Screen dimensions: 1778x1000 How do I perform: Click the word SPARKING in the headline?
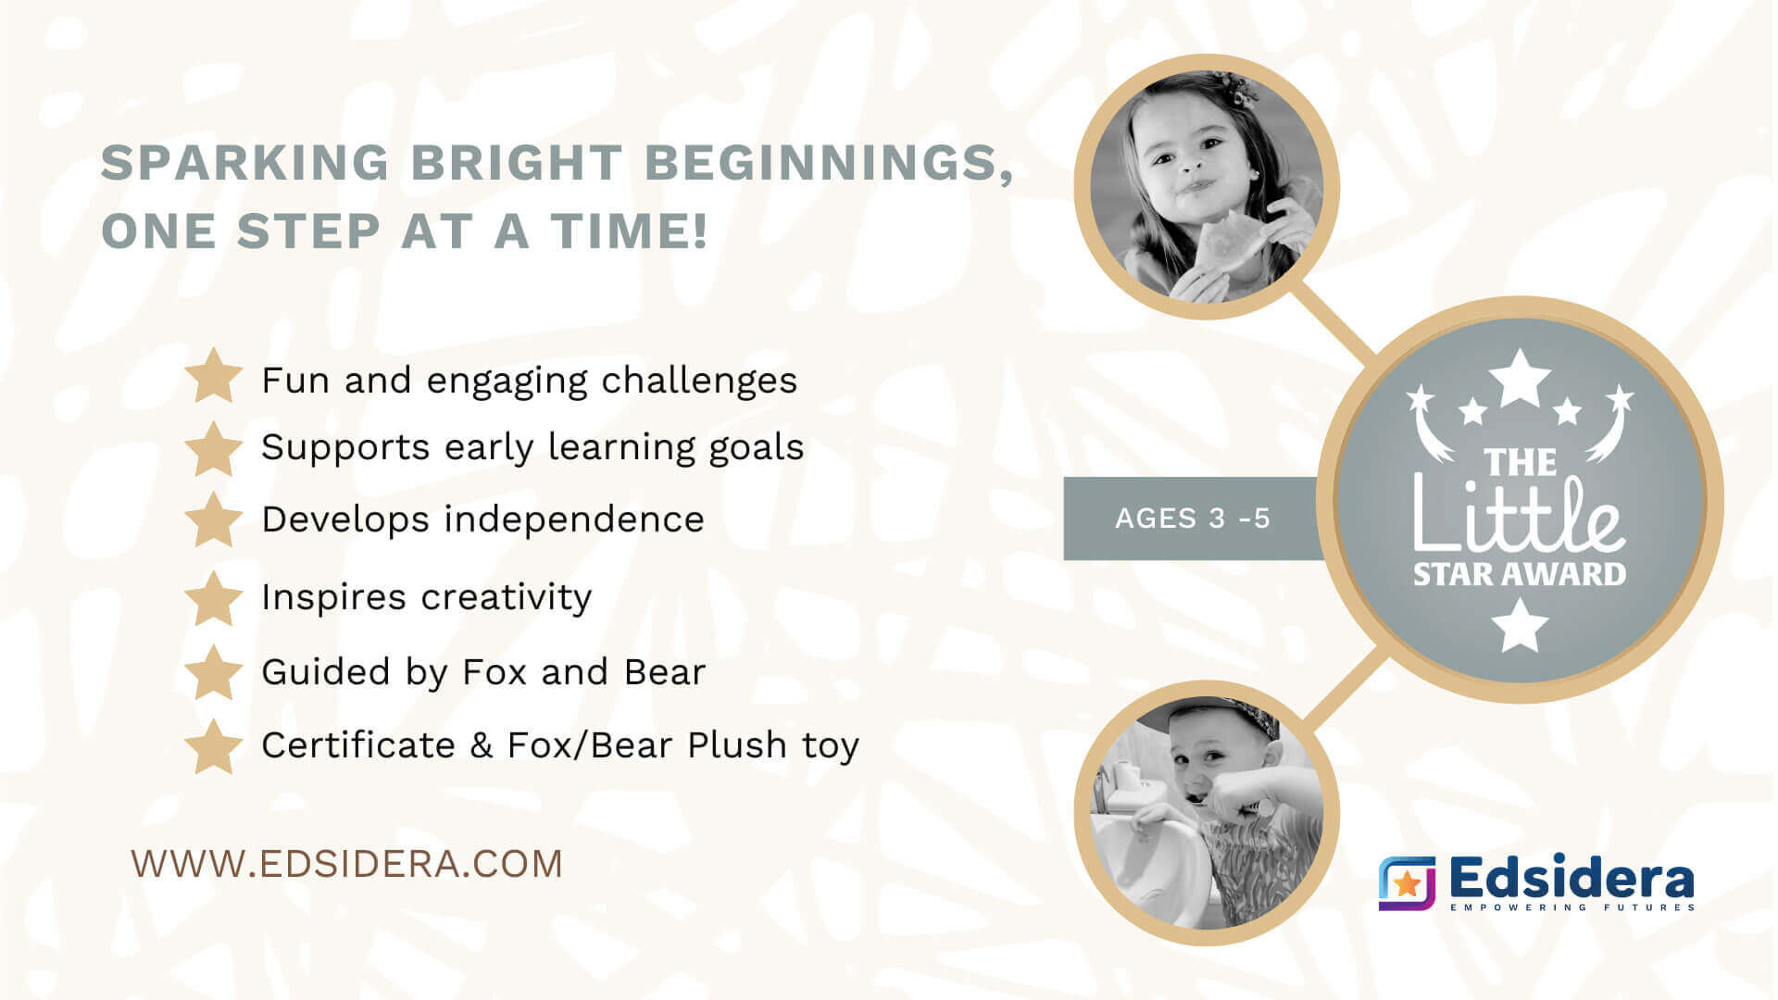coord(245,163)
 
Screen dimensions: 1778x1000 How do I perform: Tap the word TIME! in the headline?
coord(630,231)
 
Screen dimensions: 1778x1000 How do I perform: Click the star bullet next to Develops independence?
coord(214,519)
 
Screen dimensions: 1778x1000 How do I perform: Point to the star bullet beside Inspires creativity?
coord(214,597)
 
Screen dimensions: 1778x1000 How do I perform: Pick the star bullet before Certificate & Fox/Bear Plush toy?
coord(214,745)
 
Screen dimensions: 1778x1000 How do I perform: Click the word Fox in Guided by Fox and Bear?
coord(495,672)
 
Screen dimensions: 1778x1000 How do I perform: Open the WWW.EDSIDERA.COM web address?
coord(347,864)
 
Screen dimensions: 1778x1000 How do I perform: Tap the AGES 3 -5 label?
coord(1193,519)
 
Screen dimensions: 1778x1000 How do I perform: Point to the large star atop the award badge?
coord(1519,377)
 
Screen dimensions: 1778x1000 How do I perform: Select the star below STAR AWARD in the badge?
coord(1519,624)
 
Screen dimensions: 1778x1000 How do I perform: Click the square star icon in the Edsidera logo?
coord(1407,882)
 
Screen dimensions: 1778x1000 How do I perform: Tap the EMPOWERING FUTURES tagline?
coord(1572,907)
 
